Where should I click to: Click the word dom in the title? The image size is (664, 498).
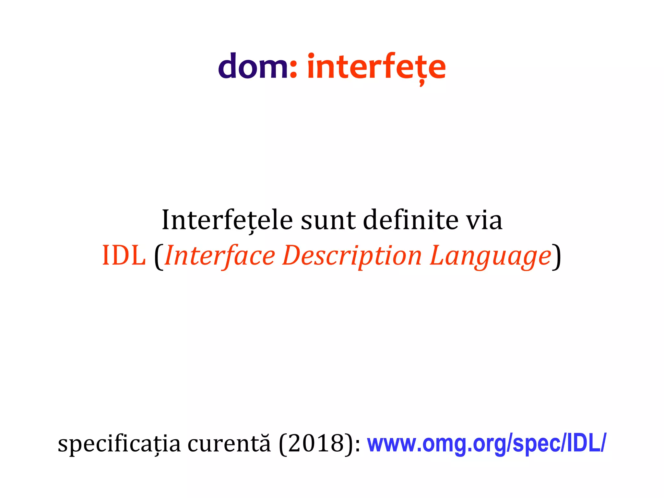tap(253, 66)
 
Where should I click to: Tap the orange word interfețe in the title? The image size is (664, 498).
tap(376, 67)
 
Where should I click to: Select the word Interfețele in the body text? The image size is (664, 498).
tap(227, 220)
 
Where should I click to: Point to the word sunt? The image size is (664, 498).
tap(328, 221)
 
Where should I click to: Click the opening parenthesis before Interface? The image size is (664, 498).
tap(158, 257)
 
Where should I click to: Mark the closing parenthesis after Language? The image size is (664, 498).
tap(556, 257)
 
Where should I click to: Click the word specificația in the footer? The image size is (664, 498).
tap(119, 444)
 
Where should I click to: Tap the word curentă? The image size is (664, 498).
tap(229, 443)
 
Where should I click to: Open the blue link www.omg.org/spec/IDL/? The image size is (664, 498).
tap(486, 444)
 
